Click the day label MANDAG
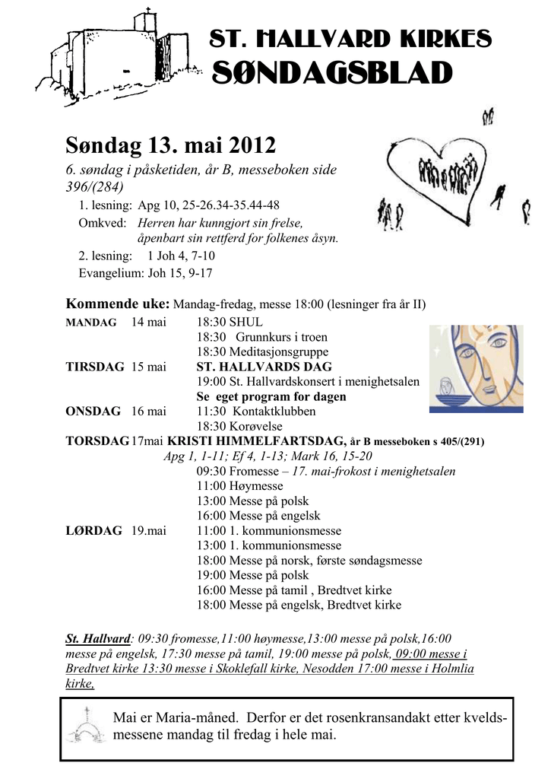(91, 323)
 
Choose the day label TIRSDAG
(95, 367)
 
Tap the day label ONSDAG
(93, 412)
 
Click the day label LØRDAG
(94, 531)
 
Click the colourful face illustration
(476, 368)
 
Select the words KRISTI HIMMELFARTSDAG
(257, 441)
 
